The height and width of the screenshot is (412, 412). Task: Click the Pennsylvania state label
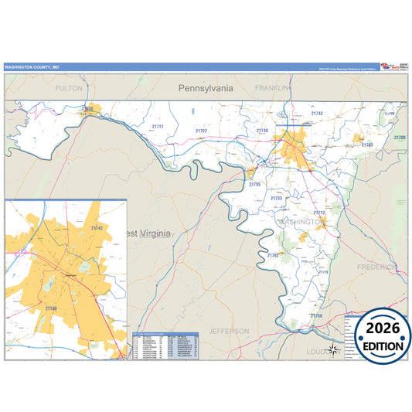tap(206, 88)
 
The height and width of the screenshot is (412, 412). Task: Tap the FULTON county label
tap(68, 89)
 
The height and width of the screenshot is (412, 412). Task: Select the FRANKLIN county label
tap(271, 88)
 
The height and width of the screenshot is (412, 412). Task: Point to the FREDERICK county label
tap(376, 267)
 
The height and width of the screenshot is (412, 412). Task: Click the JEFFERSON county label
tap(230, 331)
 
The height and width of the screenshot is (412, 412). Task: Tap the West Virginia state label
tap(150, 233)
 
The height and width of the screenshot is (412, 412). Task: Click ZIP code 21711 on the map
tap(158, 126)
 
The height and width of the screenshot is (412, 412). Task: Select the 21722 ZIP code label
tap(201, 131)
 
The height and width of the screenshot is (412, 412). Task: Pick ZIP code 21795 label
tap(255, 185)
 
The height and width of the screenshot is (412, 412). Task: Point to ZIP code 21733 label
tap(277, 199)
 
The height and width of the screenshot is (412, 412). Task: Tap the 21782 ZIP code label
tap(273, 254)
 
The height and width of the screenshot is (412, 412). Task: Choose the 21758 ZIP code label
tap(316, 315)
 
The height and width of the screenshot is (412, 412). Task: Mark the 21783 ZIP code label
tap(367, 145)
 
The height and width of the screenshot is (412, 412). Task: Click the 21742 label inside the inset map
tap(97, 228)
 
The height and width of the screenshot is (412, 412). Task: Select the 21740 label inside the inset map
tap(51, 308)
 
